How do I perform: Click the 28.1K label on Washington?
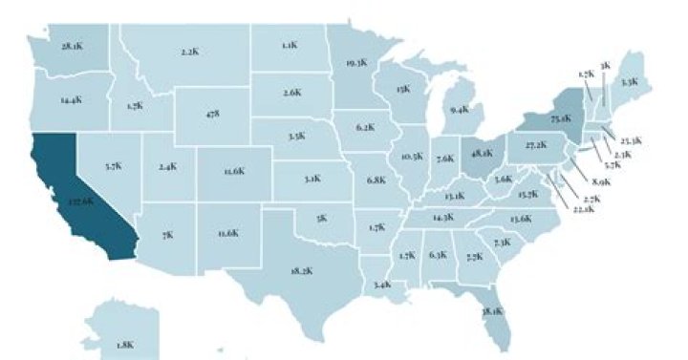pos(71,46)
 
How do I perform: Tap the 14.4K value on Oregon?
pos(69,99)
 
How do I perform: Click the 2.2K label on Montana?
pos(188,51)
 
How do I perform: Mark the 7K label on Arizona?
pos(167,234)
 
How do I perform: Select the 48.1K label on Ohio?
pos(483,151)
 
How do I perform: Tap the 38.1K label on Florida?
pos(492,311)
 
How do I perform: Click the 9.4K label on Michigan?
pos(459,110)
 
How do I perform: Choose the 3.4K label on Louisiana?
pos(383,285)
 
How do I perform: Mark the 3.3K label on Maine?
pos(629,82)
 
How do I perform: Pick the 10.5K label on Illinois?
pos(412,156)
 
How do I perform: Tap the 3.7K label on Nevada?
pos(112,166)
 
